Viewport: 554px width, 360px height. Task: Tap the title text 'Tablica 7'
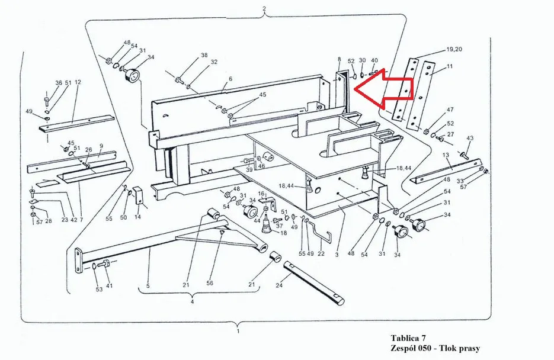[x=408, y=338]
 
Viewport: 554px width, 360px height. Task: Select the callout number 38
[x=204, y=55]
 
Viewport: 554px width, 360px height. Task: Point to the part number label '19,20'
[x=454, y=49]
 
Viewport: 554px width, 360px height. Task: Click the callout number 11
[x=449, y=66]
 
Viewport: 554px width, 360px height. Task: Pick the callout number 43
[x=470, y=137]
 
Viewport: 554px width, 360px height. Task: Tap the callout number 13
[x=446, y=155]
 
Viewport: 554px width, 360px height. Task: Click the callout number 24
[x=279, y=285]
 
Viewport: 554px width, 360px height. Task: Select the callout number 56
[x=210, y=283]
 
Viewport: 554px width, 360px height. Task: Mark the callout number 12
[x=78, y=82]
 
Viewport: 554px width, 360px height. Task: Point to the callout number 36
[x=59, y=82]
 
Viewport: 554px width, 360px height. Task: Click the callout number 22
[x=321, y=253]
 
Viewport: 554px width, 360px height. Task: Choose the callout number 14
[x=137, y=217]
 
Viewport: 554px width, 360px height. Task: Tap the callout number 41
[x=109, y=285]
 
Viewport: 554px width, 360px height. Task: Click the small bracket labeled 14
[x=138, y=195]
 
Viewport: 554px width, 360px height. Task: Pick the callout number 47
[x=450, y=110]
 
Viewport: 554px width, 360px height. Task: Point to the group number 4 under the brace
[x=192, y=302]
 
